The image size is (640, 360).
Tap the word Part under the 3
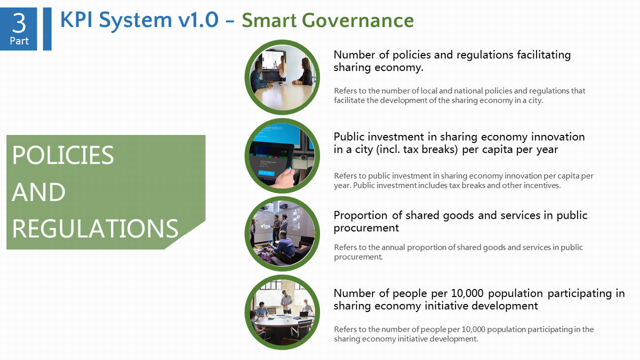click(19, 41)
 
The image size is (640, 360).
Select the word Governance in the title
click(358, 21)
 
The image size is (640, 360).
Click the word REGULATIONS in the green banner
click(95, 228)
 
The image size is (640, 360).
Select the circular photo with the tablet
click(282, 156)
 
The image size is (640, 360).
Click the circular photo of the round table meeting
click(282, 313)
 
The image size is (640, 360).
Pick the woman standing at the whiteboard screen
click(282, 68)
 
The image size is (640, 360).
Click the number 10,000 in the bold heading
click(467, 293)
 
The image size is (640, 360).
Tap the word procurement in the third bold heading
click(366, 228)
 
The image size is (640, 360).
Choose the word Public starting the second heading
click(349, 137)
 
